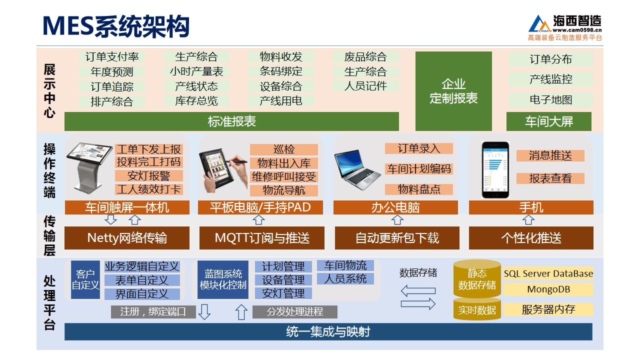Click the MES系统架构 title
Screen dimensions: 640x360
(116, 26)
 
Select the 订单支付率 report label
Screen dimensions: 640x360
(111, 56)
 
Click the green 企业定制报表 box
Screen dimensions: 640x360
(453, 91)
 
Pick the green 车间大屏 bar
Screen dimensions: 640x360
(549, 121)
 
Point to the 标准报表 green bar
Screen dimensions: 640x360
(231, 121)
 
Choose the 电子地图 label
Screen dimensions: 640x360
(550, 99)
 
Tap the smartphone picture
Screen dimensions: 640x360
(495, 169)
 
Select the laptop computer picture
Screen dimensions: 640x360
(357, 169)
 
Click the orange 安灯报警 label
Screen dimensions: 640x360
(149, 175)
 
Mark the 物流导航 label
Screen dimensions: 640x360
(283, 190)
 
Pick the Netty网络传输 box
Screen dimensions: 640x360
(127, 238)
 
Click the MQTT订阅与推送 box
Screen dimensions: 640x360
(261, 238)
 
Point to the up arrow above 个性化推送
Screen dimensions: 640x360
(528, 219)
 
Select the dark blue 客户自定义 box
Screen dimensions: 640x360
(85, 279)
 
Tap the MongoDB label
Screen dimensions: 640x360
(548, 289)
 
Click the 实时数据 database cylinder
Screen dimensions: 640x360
(477, 309)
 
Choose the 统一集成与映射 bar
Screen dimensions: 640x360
(328, 331)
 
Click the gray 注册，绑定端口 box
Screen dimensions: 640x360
(153, 311)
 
